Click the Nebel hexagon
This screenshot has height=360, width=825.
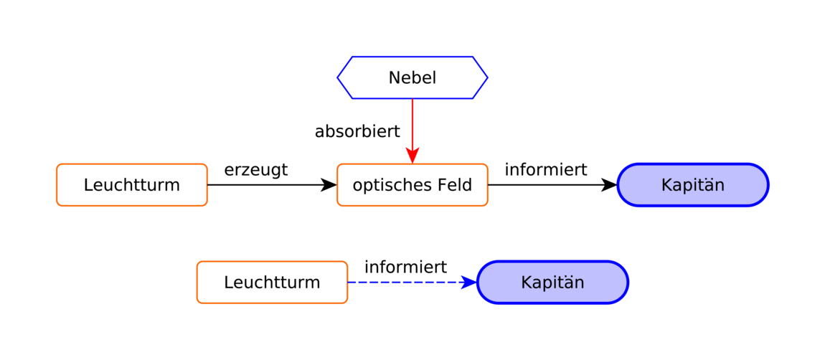point(412,77)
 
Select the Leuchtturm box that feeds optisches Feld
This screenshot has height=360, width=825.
point(132,185)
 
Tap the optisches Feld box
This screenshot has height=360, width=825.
point(412,185)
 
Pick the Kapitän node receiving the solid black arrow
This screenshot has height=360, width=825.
point(693,185)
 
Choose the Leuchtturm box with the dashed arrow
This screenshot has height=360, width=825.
point(272,282)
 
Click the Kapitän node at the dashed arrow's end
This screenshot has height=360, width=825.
point(552,282)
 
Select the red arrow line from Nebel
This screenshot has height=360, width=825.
point(412,131)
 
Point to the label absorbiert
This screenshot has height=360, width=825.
point(357,131)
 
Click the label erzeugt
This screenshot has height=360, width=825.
point(255,170)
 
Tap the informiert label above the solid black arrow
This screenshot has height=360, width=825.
point(546,170)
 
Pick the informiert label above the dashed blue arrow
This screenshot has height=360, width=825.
point(405,267)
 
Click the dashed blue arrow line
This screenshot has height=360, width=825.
point(412,282)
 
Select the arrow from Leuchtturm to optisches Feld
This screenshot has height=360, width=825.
point(272,185)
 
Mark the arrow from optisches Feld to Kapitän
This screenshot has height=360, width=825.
point(552,185)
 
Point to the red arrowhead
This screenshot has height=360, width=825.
point(412,156)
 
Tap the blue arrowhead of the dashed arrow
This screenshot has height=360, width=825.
point(468,282)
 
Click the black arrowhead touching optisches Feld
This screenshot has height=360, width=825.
point(329,185)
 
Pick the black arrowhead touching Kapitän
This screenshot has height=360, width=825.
point(609,185)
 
